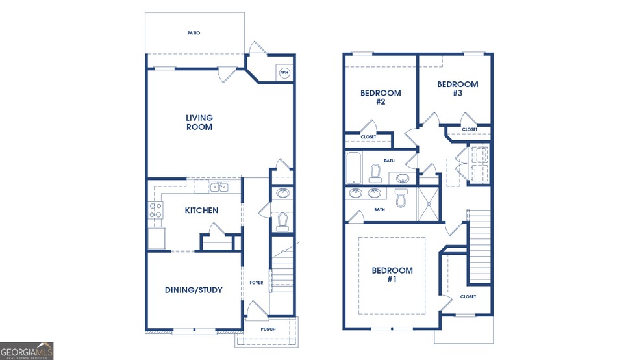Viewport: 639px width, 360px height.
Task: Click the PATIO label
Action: (x=194, y=33)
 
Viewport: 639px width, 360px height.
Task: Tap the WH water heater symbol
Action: (x=284, y=73)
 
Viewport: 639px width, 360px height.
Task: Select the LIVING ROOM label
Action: (x=199, y=122)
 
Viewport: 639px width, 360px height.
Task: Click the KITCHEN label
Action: (x=201, y=211)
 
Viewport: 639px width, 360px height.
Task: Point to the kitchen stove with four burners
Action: (x=156, y=210)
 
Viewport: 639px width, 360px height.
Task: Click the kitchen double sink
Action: (x=219, y=186)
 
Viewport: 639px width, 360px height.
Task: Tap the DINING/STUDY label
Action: (x=194, y=290)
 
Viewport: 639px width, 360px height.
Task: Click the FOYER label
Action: (x=257, y=283)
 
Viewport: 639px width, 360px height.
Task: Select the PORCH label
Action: (x=268, y=329)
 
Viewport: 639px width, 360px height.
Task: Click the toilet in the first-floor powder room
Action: (x=282, y=222)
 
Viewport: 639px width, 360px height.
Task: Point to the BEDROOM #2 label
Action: (x=381, y=97)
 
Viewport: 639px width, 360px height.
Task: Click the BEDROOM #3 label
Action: (x=458, y=88)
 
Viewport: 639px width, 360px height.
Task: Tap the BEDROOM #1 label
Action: (x=392, y=275)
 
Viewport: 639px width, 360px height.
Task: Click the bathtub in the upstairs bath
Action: (x=353, y=168)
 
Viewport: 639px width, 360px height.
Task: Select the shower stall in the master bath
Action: (x=429, y=204)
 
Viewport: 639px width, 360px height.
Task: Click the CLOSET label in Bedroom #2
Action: (x=368, y=137)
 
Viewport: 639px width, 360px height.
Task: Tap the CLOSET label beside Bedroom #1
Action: (x=468, y=297)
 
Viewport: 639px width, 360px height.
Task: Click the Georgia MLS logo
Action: (x=27, y=351)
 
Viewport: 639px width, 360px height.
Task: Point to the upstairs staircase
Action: (x=479, y=246)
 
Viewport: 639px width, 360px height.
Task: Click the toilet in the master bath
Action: (x=401, y=198)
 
